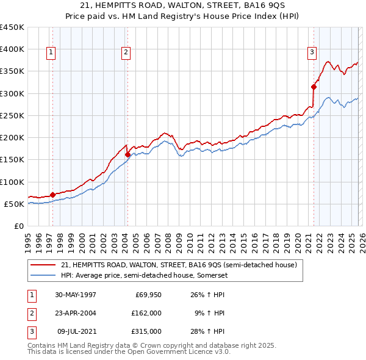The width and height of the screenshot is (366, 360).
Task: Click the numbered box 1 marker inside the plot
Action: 50,53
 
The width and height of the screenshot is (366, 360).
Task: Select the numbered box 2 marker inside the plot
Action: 126,53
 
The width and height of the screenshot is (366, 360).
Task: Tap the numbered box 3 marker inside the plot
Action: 312,53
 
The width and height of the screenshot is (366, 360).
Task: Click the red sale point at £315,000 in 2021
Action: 314,87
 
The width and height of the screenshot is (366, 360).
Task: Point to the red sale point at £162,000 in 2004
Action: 127,154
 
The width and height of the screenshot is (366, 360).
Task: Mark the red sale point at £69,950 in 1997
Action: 53,195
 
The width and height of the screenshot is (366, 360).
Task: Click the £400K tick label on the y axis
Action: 12,49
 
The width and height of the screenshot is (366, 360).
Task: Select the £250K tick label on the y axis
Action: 12,115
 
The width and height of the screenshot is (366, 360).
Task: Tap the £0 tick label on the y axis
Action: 18,226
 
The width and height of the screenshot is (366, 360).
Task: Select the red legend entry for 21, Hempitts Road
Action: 179,265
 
